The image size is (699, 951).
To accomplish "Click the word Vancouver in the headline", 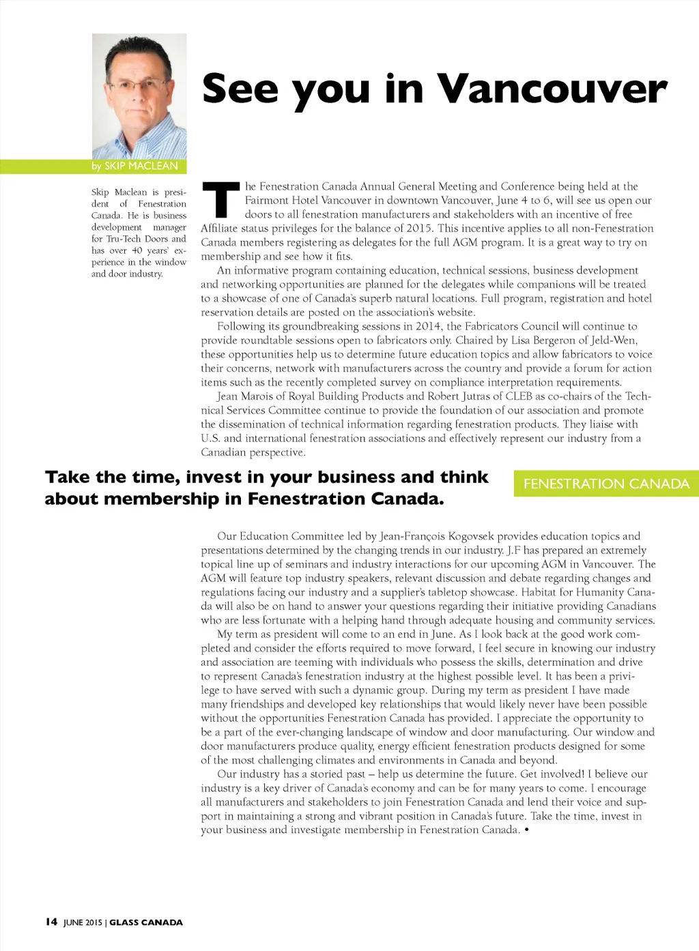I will click(x=552, y=89).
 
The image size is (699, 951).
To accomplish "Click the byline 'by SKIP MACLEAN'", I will click(x=134, y=166).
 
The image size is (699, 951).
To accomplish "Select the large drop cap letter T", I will click(x=221, y=199).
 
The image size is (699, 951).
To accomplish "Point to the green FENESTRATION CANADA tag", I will click(x=606, y=484).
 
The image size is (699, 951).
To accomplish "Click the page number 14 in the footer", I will click(x=51, y=922).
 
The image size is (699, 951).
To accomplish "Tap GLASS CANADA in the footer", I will click(x=146, y=922).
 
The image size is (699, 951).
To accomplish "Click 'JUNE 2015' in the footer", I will click(x=83, y=922).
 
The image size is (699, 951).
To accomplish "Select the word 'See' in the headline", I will click(x=240, y=89).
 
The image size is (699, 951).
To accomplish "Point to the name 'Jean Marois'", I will click(x=246, y=396).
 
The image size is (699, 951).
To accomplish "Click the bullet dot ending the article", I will click(x=526, y=830).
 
